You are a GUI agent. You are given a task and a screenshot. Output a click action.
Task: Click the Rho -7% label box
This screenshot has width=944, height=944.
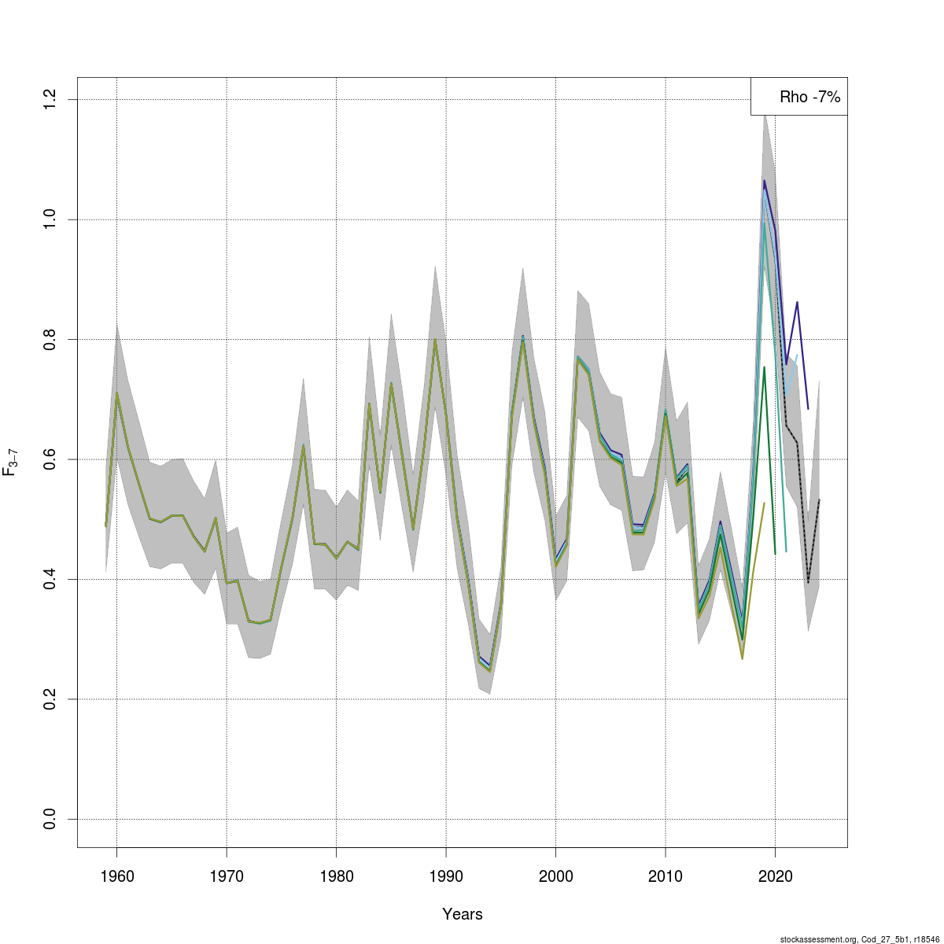click(799, 97)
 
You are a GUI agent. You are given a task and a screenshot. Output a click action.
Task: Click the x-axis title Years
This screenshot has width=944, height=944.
click(463, 914)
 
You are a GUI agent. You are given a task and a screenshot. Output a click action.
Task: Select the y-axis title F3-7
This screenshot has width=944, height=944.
click(11, 463)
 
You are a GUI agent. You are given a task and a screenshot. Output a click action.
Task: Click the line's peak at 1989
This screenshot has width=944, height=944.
click(435, 340)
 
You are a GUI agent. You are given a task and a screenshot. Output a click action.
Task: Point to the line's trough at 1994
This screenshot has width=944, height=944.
click(489, 670)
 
